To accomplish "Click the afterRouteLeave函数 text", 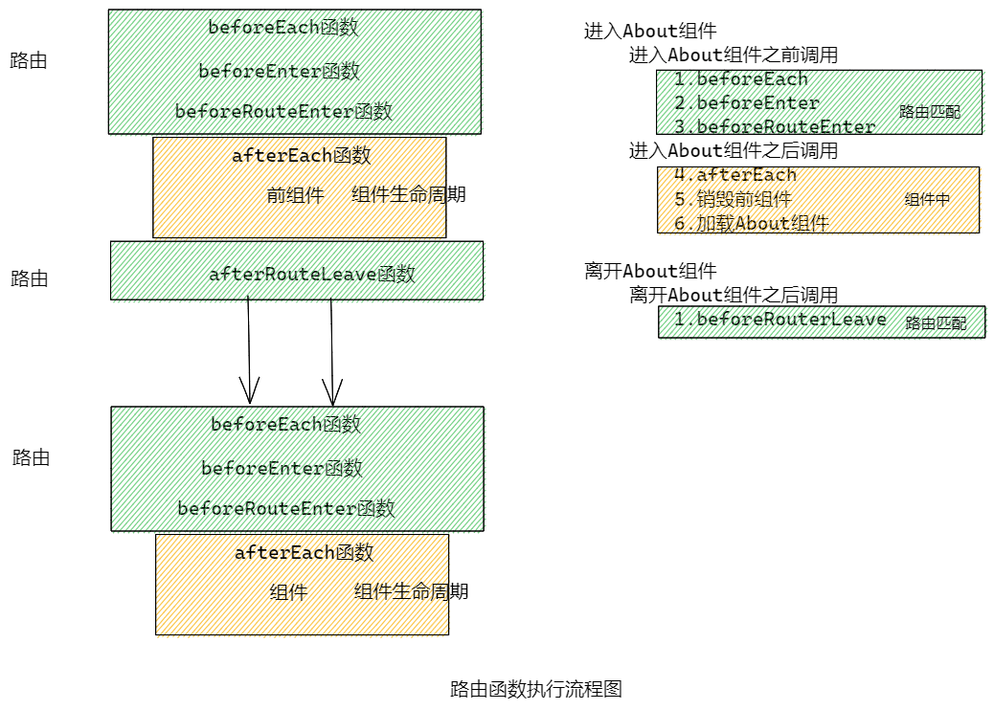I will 312,275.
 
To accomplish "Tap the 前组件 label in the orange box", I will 295,195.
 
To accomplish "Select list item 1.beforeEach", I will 740,79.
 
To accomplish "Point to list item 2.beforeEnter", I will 746,103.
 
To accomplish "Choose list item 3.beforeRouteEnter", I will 774,126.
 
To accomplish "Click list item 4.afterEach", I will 734,175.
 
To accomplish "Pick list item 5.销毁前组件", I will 733,199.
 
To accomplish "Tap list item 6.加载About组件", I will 751,223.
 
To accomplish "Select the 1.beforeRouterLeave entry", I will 779,320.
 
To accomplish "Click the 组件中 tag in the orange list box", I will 927,200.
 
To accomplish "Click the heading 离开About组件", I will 650,271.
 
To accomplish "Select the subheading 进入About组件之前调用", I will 733,55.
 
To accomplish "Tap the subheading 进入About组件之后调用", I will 733,151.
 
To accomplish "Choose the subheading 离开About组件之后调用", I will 733,295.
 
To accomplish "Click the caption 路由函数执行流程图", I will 536,689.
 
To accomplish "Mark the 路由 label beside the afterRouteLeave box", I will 29,279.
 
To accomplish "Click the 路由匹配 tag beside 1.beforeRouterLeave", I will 936,323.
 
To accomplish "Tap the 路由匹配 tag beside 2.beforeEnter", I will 929,112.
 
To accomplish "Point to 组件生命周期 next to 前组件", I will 408,195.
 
